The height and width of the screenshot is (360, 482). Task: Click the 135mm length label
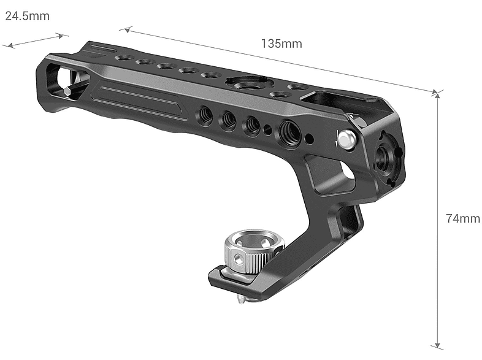pos(281,44)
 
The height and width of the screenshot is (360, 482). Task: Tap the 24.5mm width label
pos(28,16)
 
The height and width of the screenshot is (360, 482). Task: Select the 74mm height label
pos(463,218)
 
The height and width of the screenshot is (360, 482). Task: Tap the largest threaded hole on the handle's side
pos(287,130)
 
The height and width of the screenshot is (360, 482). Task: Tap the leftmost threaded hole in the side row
pos(204,113)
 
